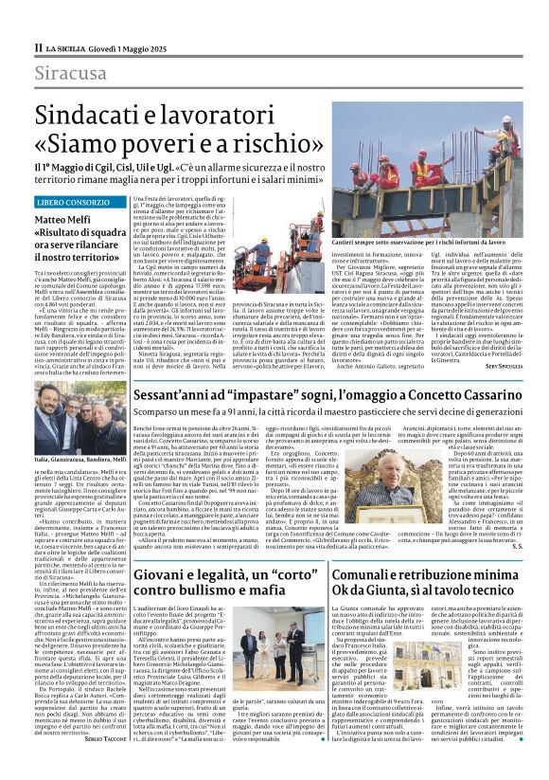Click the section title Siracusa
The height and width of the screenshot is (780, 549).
(71, 73)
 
